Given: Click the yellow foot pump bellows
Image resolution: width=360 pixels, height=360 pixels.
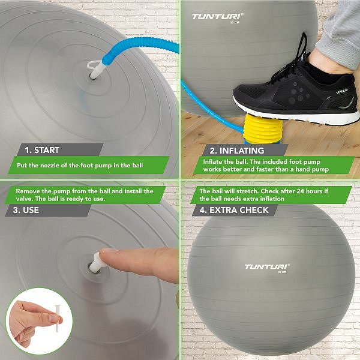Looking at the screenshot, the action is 263,129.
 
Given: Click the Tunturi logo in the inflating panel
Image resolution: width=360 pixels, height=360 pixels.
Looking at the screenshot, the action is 217,17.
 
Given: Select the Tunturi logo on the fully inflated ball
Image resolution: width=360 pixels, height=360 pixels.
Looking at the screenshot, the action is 267,266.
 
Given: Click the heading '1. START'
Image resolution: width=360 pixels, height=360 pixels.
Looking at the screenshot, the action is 42,150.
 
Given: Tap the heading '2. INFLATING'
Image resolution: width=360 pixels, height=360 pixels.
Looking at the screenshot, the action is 237,151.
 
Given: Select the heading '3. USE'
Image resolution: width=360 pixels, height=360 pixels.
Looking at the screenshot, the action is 26,210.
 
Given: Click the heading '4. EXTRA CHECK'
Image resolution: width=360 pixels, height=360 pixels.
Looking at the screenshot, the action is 234,210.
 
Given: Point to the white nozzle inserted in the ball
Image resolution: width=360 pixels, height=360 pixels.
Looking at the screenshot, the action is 96,70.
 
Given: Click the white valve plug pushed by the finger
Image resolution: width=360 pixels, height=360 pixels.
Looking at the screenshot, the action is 97,262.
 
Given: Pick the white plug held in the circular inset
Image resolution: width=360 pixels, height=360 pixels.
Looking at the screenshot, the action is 58,318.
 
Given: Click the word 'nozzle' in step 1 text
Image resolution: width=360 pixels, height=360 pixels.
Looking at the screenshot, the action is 50,166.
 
